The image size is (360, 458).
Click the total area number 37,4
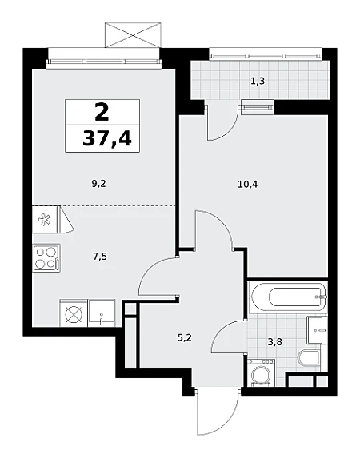(106, 137)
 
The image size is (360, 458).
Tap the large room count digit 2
(102, 113)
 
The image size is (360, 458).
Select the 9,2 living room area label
(98, 184)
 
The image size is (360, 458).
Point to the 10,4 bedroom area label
(248, 185)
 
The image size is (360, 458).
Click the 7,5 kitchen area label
(100, 257)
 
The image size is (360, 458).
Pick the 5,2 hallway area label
(185, 338)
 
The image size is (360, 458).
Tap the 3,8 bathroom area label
(275, 341)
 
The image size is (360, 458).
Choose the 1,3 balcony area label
(258, 81)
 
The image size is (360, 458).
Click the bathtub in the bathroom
(288, 297)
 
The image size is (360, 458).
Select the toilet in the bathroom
(308, 358)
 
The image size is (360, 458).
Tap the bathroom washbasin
(317, 330)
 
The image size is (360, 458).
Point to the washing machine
(262, 373)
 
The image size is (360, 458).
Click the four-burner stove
(46, 258)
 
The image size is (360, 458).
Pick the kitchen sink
(102, 313)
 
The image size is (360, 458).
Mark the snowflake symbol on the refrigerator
(45, 219)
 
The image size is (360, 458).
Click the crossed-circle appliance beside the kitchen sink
(74, 314)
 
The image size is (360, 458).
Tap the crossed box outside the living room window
(133, 35)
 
